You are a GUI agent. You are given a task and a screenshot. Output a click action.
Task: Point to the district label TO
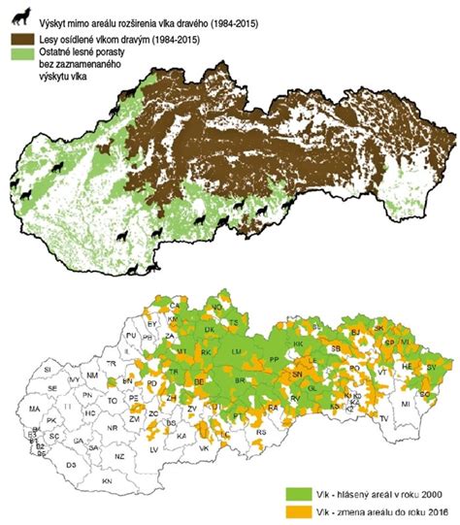113,400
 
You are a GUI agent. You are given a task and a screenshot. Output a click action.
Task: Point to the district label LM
236,349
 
